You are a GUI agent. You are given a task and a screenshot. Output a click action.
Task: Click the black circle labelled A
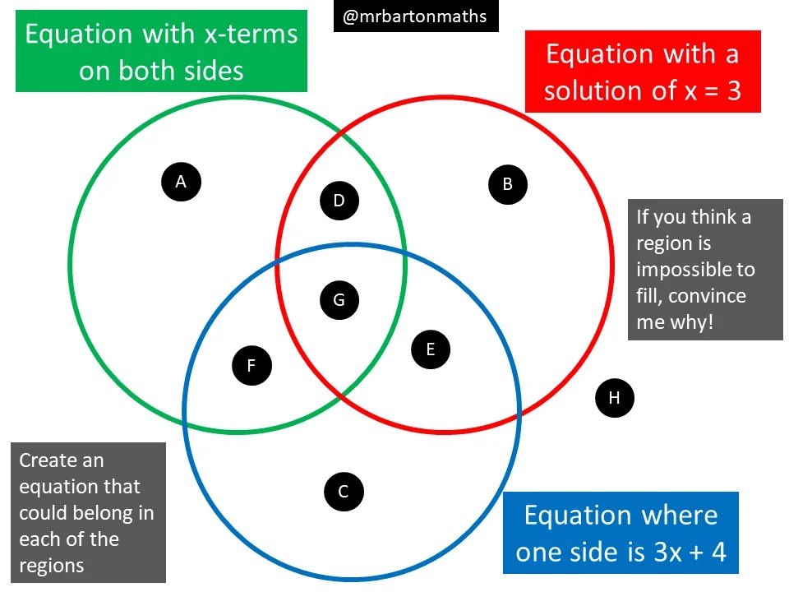(182, 181)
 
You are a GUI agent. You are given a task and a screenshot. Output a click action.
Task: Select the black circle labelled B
(507, 183)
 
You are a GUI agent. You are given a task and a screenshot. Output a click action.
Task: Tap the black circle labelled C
(344, 492)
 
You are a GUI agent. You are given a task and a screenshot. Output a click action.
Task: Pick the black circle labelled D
(339, 200)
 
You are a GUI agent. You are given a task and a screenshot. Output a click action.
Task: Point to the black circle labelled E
(430, 349)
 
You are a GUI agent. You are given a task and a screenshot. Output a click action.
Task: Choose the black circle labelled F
(251, 364)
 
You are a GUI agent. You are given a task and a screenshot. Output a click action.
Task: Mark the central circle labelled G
(339, 299)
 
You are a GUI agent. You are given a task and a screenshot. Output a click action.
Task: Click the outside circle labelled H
(614, 399)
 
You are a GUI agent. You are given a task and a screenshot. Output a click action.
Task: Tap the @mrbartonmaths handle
(415, 16)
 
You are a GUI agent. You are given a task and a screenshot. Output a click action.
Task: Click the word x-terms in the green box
(250, 35)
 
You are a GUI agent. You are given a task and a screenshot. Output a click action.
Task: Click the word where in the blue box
(667, 516)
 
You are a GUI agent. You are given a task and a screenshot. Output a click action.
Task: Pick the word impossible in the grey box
(694, 270)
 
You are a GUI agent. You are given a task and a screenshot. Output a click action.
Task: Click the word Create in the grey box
(49, 460)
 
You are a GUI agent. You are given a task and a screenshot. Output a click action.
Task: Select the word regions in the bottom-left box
(51, 566)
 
